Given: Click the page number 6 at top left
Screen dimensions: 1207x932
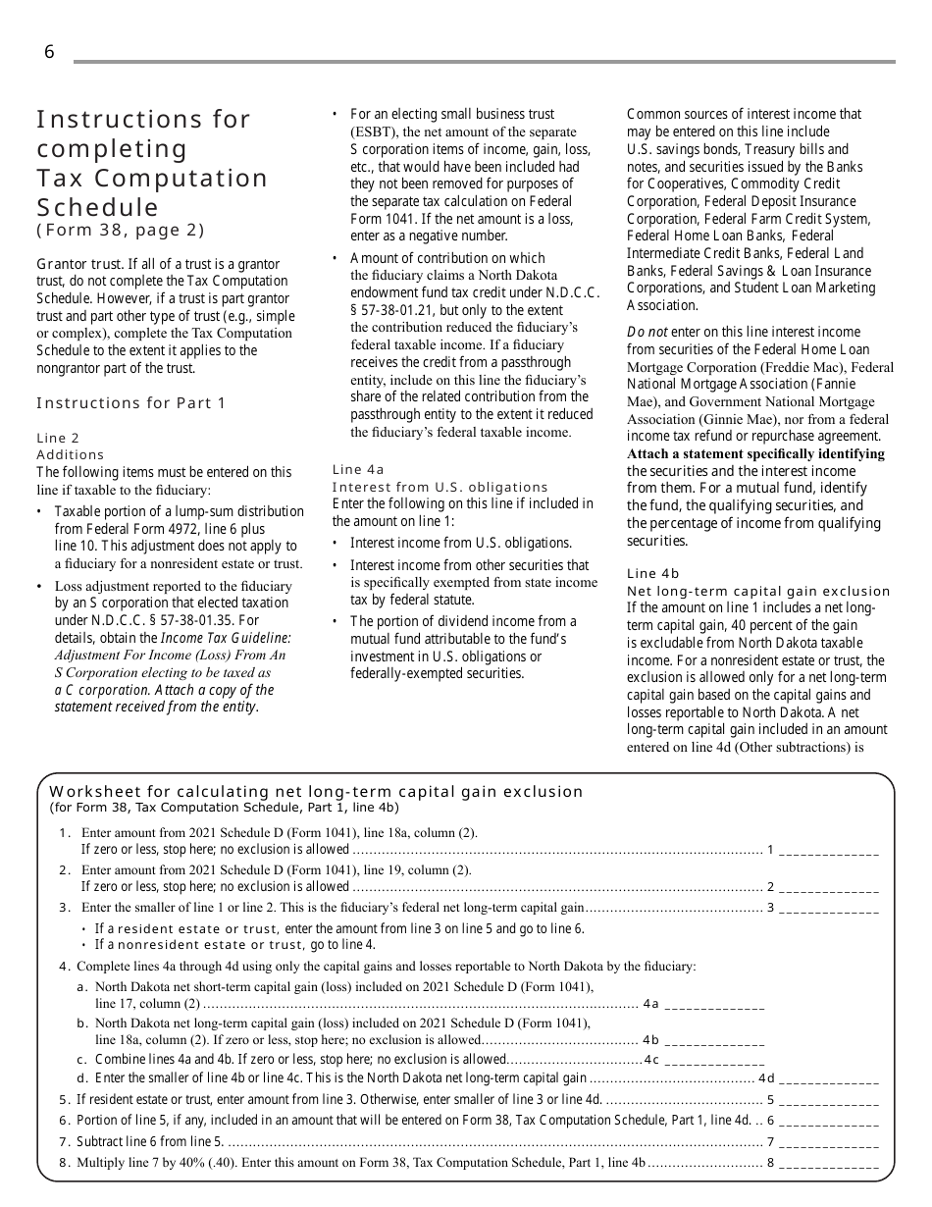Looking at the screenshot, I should pos(49,53).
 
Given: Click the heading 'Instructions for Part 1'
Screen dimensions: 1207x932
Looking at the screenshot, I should pos(130,403).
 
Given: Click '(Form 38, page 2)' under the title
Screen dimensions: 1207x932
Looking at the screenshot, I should pos(121,231).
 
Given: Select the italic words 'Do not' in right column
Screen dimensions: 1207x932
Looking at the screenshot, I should pos(647,333).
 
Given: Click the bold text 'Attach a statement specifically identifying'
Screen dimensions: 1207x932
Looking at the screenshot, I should pos(755,454).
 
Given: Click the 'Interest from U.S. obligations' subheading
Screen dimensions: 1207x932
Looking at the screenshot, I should pos(440,488).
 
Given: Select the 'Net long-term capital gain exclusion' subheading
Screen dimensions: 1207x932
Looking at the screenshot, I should pos(758,592).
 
